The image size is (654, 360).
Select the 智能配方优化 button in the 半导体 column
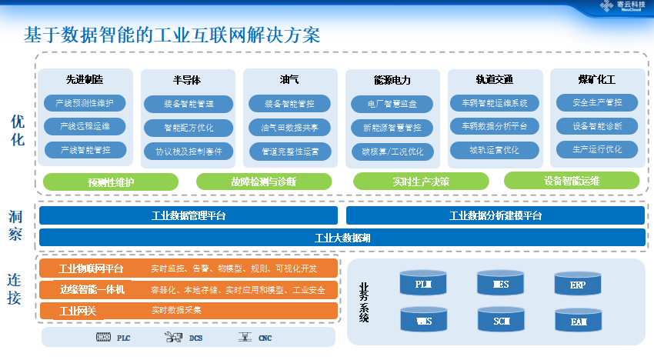point(189,127)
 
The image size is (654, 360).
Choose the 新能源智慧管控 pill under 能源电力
point(392,128)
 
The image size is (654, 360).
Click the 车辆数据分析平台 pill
point(494,126)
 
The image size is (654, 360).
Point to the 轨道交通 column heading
point(494,80)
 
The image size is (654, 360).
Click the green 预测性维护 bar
point(111,182)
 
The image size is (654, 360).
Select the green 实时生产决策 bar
point(421,182)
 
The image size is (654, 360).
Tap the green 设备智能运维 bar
point(571,181)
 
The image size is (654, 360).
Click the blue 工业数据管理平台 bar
point(189,216)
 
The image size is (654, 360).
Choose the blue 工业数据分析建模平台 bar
point(495,216)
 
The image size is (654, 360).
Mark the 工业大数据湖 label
point(342,238)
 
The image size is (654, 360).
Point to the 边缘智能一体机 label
point(92,290)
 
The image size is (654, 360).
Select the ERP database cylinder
point(578,285)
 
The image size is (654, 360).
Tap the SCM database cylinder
point(502,319)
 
